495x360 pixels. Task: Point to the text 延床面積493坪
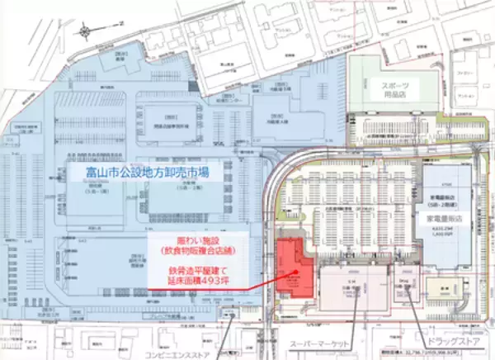[x=194, y=282]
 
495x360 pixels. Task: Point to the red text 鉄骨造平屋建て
[x=194, y=268]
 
